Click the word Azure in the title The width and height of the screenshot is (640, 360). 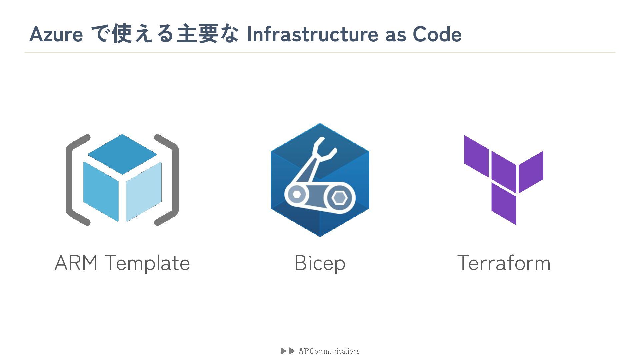click(x=56, y=34)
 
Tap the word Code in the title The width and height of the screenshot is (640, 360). click(x=437, y=34)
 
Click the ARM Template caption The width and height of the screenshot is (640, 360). click(x=122, y=263)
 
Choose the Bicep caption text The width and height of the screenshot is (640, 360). click(x=320, y=263)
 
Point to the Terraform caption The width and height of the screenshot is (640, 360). click(x=503, y=263)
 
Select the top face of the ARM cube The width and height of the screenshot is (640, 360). click(x=122, y=154)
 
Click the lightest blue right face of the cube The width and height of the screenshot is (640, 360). click(x=144, y=192)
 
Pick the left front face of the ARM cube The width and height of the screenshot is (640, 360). click(x=101, y=192)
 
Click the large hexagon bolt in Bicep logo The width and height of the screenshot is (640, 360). click(x=339, y=198)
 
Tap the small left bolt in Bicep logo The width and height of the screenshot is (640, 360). click(x=296, y=194)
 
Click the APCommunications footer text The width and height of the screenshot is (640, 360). click(x=329, y=351)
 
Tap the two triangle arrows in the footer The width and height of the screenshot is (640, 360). click(x=288, y=351)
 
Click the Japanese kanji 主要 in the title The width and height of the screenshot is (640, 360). click(x=197, y=34)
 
